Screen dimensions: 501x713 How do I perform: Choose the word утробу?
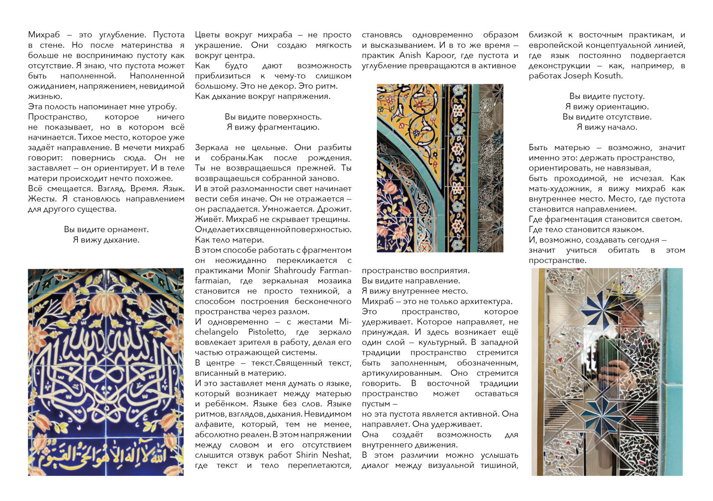(161, 107)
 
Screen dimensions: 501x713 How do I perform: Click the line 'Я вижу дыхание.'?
(106, 240)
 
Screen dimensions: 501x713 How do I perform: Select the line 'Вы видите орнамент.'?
(106, 229)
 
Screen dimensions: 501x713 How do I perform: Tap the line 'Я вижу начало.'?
(607, 127)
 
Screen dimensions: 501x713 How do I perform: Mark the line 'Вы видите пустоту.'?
(607, 96)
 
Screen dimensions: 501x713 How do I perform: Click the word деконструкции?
(559, 66)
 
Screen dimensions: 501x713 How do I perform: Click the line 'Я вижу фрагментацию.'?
(273, 127)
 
